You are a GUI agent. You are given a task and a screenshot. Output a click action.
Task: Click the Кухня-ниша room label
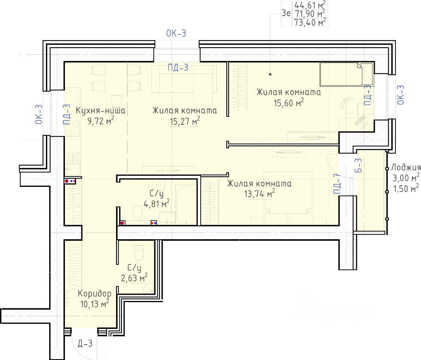[x=100, y=110]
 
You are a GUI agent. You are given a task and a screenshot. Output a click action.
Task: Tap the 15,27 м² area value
[x=185, y=121]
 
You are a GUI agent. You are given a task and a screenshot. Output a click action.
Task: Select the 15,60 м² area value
[x=289, y=103]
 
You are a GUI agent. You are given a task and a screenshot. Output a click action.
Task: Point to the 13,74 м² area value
[x=259, y=194]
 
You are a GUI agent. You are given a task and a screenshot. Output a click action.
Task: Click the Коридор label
[x=94, y=294]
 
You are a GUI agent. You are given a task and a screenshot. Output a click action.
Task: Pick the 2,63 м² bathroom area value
[x=134, y=278]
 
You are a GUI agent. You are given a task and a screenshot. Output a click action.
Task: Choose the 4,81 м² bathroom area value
[x=157, y=204]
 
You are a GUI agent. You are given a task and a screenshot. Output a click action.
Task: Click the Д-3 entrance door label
[x=85, y=343]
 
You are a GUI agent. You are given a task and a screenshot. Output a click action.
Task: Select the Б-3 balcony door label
[x=358, y=165]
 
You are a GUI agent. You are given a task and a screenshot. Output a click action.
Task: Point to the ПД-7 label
[x=337, y=184]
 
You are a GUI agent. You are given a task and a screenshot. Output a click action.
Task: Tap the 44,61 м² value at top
[x=310, y=5]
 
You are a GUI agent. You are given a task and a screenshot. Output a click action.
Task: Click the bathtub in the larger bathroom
[x=186, y=205]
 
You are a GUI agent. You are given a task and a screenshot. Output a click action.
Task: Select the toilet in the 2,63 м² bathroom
[x=139, y=253]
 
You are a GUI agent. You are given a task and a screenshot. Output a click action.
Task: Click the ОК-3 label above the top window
[x=176, y=33]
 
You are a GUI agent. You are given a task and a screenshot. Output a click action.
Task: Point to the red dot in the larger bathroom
[x=122, y=223]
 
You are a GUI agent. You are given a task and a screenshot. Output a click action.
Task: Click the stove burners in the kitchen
[x=72, y=128]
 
